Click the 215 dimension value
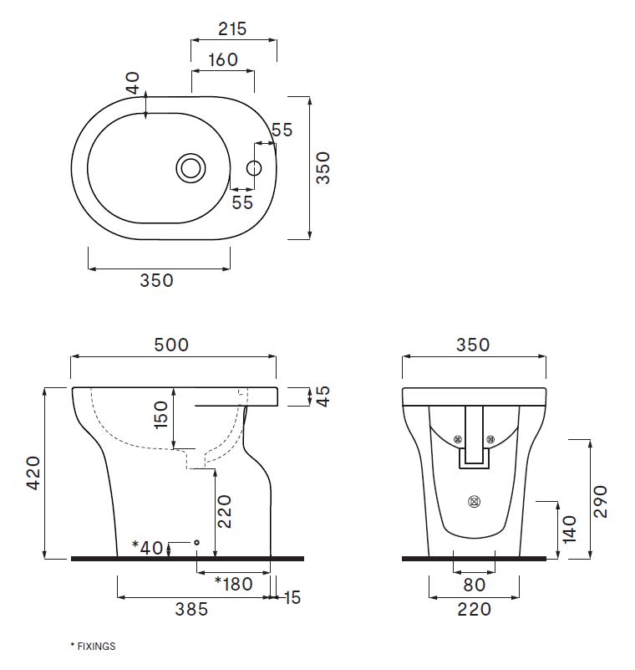(x=232, y=28)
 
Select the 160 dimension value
(x=222, y=59)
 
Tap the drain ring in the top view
(x=190, y=167)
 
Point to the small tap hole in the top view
(x=255, y=167)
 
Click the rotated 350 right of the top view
(x=323, y=167)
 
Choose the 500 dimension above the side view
(x=171, y=344)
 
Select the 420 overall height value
(x=32, y=474)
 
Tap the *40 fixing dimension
(x=149, y=548)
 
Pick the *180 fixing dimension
(x=233, y=582)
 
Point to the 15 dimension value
(x=292, y=597)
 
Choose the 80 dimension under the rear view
(x=474, y=586)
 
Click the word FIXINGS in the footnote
(x=95, y=647)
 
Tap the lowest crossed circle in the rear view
(x=475, y=502)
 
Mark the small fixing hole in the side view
(x=196, y=542)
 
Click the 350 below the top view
(x=157, y=280)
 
